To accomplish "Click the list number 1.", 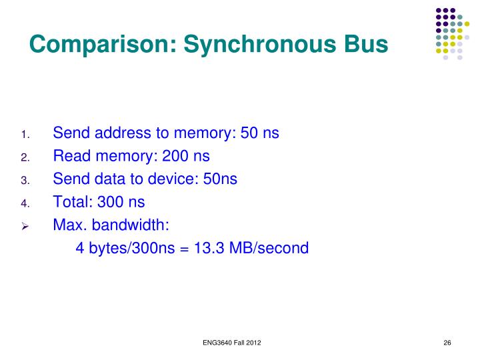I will tap(25, 135).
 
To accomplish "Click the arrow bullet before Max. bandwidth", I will tap(25, 225).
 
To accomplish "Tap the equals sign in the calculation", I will tap(185, 249).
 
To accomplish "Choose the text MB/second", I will tap(268, 249).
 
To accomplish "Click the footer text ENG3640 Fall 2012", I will tap(231, 343).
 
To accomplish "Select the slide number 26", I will tap(447, 343).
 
